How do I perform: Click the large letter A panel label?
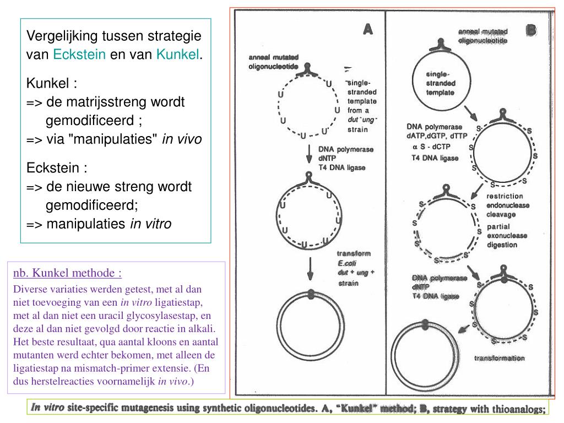click(368, 30)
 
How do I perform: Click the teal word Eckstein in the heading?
click(79, 55)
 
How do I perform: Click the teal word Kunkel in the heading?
click(177, 55)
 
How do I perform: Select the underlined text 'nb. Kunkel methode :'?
click(68, 273)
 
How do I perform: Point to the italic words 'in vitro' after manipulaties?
click(150, 224)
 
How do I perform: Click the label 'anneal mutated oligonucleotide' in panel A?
click(274, 61)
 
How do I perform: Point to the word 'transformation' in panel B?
click(500, 358)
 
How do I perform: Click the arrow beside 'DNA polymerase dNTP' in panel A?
click(309, 156)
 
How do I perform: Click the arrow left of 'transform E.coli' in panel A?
click(310, 269)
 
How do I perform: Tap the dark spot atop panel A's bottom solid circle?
click(311, 294)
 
